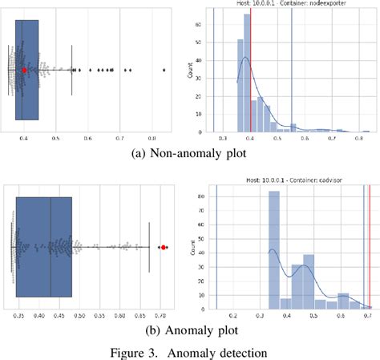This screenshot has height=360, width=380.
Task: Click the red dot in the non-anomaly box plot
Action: [x=25, y=71]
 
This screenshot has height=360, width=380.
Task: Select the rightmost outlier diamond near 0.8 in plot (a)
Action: [x=164, y=71]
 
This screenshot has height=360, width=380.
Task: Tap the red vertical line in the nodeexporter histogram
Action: [x=251, y=72]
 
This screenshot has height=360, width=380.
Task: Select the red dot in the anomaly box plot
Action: [x=164, y=248]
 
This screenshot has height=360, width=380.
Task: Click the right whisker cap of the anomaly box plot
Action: [x=149, y=248]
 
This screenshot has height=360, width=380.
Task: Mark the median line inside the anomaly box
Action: [x=51, y=248]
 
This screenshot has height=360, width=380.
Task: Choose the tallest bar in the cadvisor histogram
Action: [x=273, y=249]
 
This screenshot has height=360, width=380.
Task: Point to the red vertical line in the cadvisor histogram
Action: [x=370, y=249]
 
